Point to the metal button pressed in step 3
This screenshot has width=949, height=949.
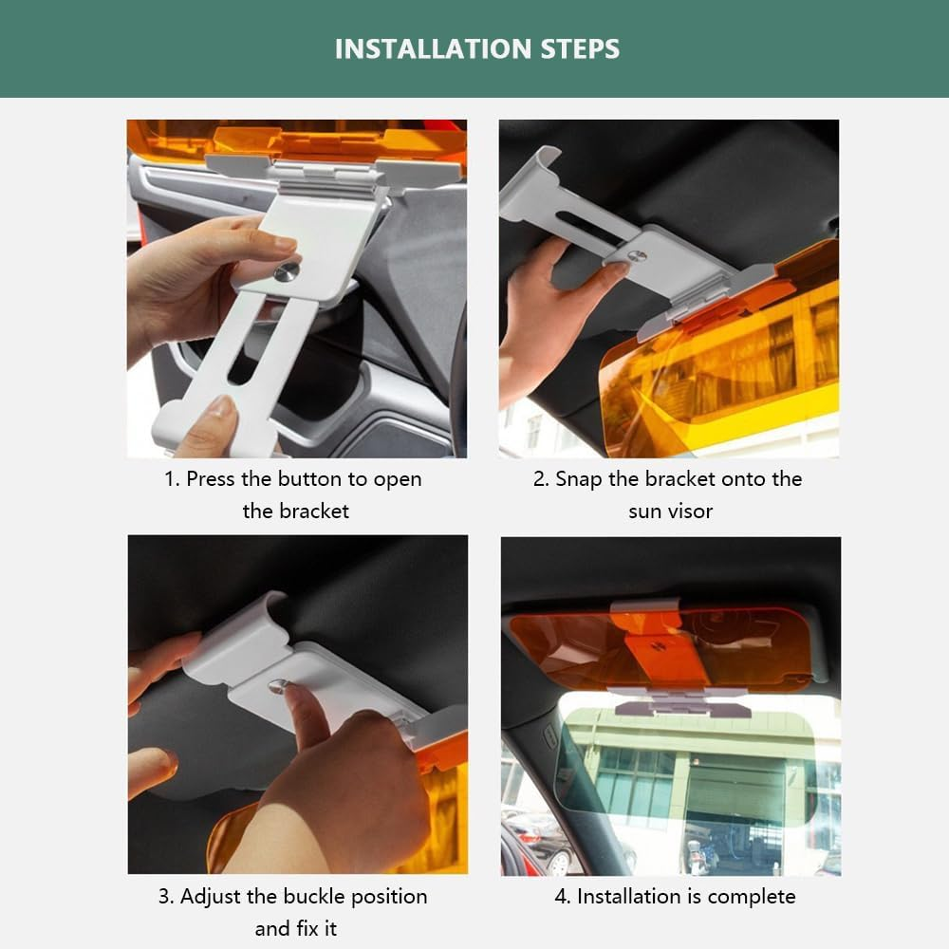(x=276, y=686)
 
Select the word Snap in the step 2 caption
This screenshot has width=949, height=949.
(x=578, y=479)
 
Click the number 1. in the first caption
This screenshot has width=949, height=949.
(x=172, y=479)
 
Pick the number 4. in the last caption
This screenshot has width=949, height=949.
(x=563, y=896)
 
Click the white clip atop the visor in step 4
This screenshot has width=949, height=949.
(x=645, y=606)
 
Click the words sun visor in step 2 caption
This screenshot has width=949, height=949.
(x=670, y=511)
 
